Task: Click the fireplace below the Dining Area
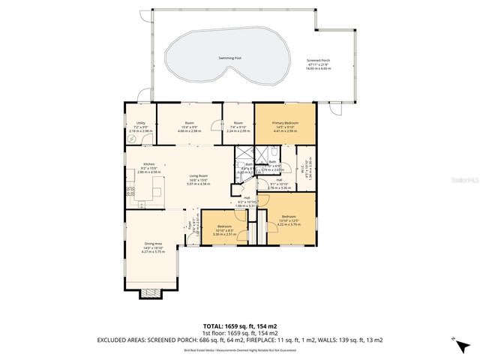[x=152, y=294]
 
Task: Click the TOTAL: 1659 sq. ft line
[x=240, y=325]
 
